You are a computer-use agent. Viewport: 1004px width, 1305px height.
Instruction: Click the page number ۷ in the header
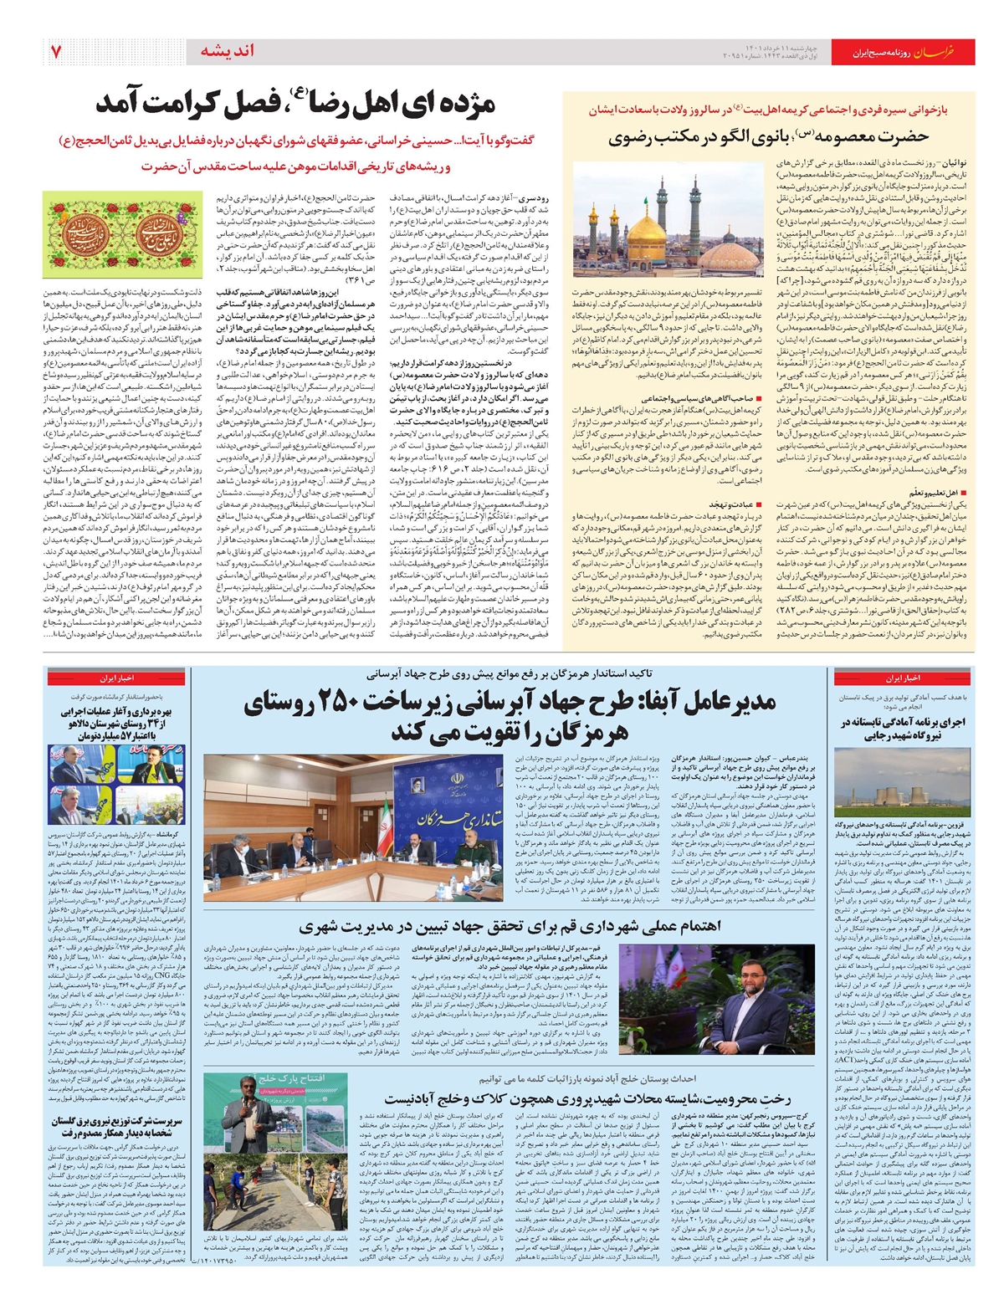point(56,52)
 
